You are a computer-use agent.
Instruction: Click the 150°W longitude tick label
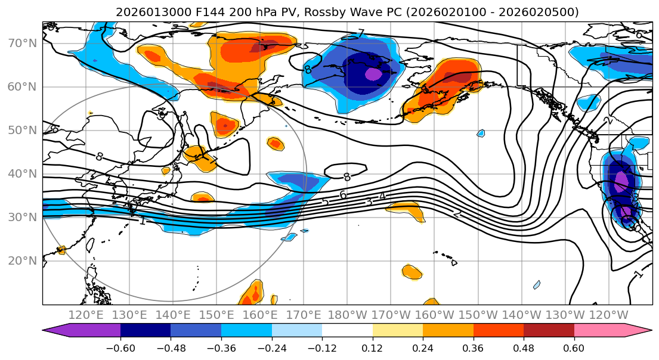[478, 315]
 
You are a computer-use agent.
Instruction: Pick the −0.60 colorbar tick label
[120, 348]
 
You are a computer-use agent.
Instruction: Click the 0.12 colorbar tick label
[372, 348]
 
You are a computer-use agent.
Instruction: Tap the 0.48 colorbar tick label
[524, 348]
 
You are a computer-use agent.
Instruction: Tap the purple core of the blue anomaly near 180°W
[373, 74]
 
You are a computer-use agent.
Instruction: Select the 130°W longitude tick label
[565, 315]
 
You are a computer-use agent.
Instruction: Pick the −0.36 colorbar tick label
[221, 348]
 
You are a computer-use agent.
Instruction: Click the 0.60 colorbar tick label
[574, 348]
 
